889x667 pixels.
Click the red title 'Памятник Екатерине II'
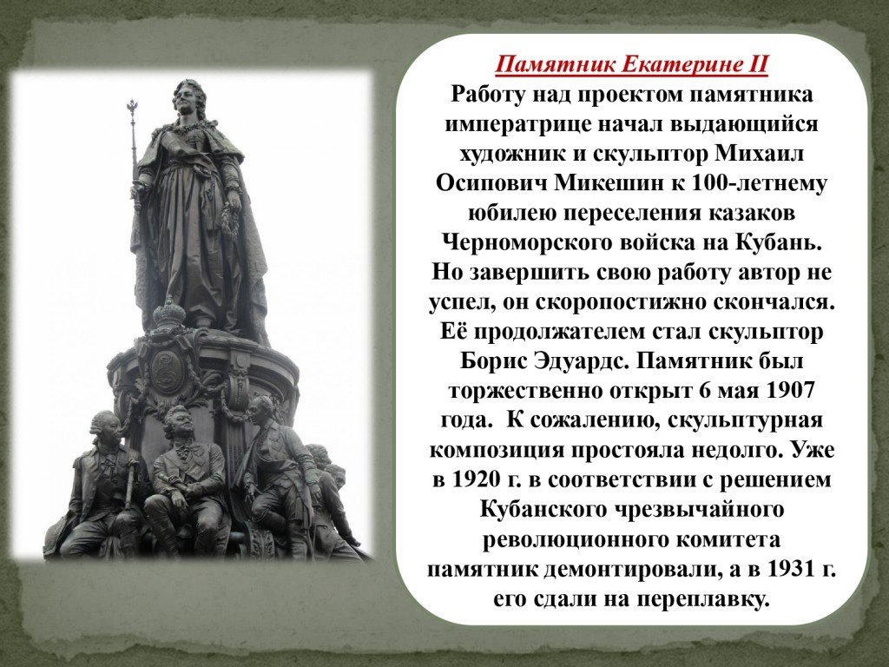coord(632,64)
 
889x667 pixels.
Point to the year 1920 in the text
coord(477,479)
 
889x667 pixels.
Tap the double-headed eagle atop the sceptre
coord(133,107)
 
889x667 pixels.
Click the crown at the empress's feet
coord(169,312)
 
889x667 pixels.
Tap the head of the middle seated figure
coord(178,423)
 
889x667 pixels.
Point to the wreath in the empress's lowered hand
coord(230,221)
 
